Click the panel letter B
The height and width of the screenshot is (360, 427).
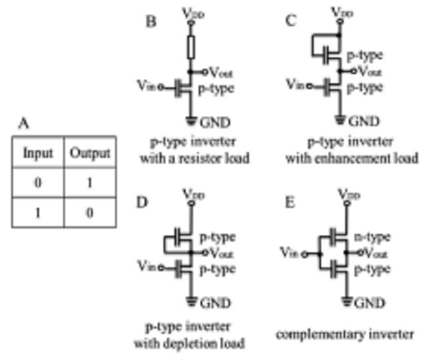coord(150,22)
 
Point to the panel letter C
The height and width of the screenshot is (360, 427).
coord(290,22)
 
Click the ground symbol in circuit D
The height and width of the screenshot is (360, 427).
coord(189,302)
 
